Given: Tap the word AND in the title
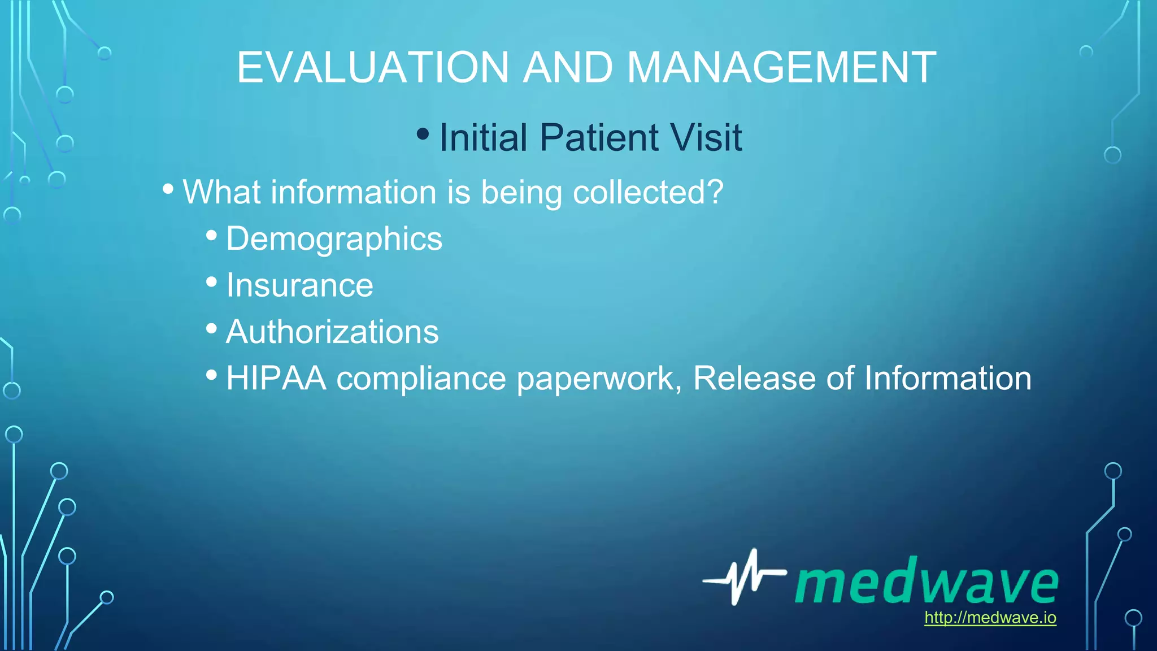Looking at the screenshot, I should (568, 68).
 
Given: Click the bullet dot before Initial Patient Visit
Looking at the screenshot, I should (422, 134).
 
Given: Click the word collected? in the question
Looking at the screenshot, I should (648, 192).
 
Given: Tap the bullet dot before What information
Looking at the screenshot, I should (168, 189).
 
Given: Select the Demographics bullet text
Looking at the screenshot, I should (334, 239).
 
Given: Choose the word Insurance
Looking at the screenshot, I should (299, 285).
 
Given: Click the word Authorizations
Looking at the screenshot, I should (332, 332).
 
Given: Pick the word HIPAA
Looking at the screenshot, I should (276, 378).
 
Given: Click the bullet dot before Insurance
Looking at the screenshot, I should (211, 281).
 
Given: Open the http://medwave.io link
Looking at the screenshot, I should (990, 618).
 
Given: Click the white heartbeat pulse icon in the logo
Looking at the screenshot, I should (743, 577).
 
